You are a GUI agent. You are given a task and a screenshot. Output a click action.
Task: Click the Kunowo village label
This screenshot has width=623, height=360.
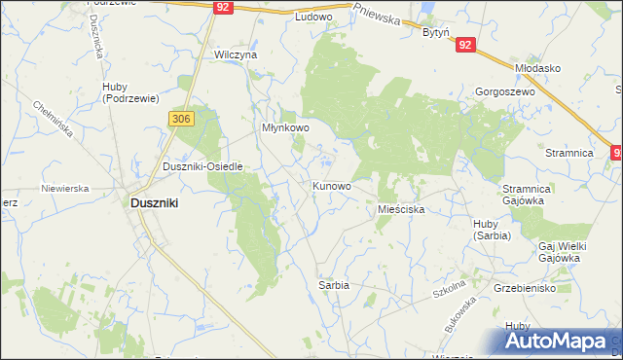[x=331, y=185]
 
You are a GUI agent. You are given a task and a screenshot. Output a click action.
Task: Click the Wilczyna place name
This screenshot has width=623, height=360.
[x=236, y=55]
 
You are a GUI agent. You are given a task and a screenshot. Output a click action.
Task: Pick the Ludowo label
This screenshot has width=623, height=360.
[x=313, y=18]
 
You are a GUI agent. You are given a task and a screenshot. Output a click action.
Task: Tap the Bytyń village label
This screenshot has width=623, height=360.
[x=435, y=32]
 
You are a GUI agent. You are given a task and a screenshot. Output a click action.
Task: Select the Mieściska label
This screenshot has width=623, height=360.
[x=398, y=209]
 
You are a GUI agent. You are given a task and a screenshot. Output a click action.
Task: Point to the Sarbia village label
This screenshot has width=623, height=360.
[x=333, y=285]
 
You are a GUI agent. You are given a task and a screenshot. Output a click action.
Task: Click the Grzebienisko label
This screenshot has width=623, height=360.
[x=526, y=289]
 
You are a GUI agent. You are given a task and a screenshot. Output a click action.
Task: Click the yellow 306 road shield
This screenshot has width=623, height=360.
[x=182, y=119]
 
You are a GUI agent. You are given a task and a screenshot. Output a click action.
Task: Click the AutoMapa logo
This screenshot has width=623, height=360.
[x=558, y=341]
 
